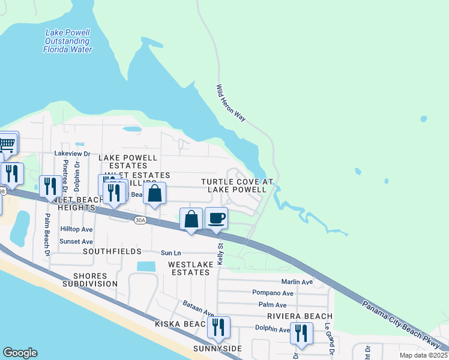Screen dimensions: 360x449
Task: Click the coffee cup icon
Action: point(216,218)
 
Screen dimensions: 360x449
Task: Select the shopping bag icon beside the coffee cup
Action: point(191,219)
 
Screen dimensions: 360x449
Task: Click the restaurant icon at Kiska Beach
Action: point(218,327)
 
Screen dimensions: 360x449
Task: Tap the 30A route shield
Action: point(140,220)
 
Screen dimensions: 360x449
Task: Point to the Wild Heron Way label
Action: point(231,103)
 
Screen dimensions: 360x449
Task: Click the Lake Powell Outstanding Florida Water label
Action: point(67,41)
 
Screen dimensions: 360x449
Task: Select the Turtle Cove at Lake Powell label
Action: point(237,185)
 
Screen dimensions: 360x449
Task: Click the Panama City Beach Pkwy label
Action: point(400,322)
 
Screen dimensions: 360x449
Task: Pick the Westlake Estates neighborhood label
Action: point(189,268)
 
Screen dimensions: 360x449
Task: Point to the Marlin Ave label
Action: point(297,282)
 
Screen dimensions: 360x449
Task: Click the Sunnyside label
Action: point(217,349)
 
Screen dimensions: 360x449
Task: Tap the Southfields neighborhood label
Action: point(112,251)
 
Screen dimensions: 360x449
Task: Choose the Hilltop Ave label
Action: point(76,229)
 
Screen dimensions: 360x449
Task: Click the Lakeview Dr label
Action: point(72,154)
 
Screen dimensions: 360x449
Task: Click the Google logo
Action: point(20,353)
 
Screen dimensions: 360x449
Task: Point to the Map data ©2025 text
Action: point(421,355)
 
